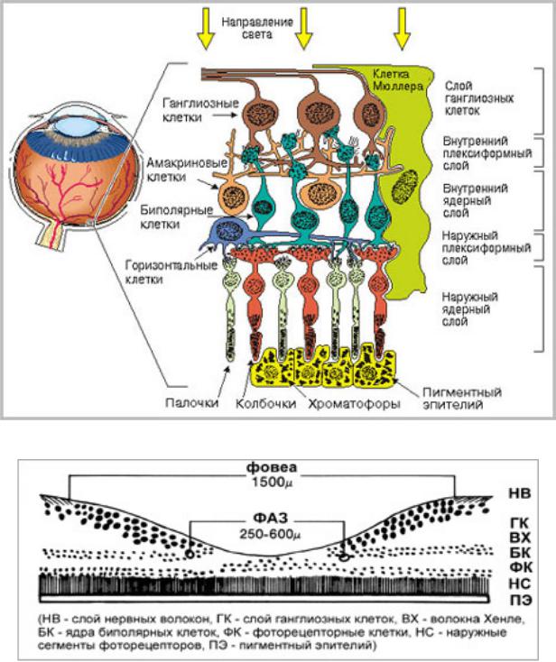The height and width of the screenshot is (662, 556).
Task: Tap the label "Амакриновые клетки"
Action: [x=187, y=169]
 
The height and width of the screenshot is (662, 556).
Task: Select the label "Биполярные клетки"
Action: [x=176, y=216]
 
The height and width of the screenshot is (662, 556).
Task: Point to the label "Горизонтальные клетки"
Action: [x=171, y=271]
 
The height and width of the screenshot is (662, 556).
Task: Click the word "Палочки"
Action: [x=192, y=403]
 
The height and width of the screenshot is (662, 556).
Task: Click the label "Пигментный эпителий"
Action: [x=462, y=398]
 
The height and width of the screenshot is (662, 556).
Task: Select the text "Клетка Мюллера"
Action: [x=397, y=79]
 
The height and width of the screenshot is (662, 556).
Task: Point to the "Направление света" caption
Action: [x=257, y=28]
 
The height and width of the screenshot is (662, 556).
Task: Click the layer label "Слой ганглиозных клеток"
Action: [x=479, y=98]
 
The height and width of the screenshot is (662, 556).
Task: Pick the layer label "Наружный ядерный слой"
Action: [x=470, y=308]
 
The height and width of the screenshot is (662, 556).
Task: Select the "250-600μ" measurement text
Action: [x=271, y=534]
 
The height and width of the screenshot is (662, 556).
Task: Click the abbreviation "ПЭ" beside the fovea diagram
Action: [x=521, y=600]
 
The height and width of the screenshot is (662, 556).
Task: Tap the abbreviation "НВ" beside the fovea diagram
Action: [x=520, y=493]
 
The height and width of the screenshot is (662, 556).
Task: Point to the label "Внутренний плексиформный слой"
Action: [x=486, y=153]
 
